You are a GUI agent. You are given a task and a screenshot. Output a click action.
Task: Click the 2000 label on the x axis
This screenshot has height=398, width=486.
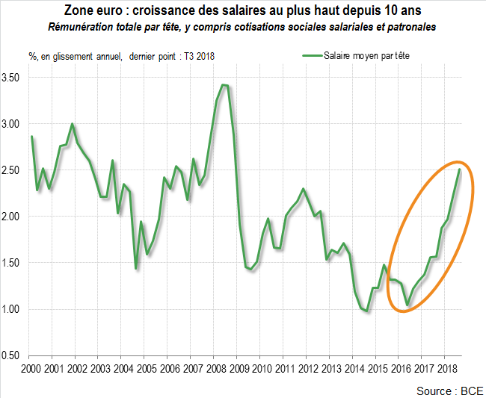click(31, 369)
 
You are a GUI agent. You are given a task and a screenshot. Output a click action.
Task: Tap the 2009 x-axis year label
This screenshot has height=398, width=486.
click(239, 369)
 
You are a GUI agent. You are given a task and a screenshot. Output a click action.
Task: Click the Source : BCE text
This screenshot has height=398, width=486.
click(449, 391)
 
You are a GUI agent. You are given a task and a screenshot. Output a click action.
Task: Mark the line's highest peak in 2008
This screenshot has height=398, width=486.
click(224, 85)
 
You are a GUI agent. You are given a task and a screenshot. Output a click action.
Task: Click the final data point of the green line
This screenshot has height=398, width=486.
click(459, 170)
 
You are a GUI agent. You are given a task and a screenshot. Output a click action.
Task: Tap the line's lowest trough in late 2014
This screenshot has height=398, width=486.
click(367, 311)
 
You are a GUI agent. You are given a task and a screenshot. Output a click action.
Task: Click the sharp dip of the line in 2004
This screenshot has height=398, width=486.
click(135, 268)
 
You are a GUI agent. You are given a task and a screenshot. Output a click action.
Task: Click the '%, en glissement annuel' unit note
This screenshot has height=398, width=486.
click(73, 56)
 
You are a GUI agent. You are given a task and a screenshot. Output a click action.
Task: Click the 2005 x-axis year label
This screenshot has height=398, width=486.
click(146, 369)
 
